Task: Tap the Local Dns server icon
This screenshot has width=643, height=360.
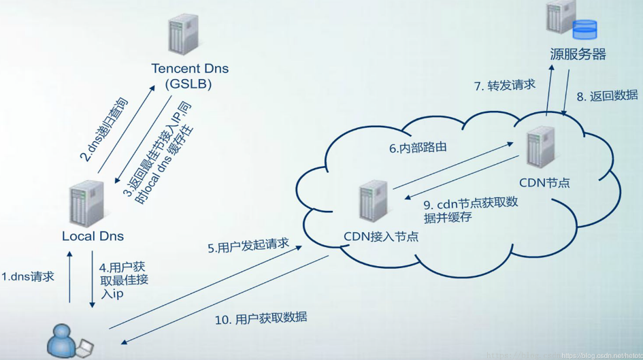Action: coord(87,203)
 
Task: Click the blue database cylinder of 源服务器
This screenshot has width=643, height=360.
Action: coord(584,29)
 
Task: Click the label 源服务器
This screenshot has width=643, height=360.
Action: coord(578,54)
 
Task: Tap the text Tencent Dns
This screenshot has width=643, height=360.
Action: coord(190,69)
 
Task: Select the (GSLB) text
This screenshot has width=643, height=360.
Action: coord(188,84)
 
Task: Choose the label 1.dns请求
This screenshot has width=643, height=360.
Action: coord(27,276)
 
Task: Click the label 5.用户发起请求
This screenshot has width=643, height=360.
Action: coord(248,245)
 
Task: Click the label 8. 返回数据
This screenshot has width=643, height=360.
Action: coord(607,96)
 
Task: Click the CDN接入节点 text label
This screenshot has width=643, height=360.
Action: coord(380,236)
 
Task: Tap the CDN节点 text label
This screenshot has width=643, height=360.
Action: coord(544,182)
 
